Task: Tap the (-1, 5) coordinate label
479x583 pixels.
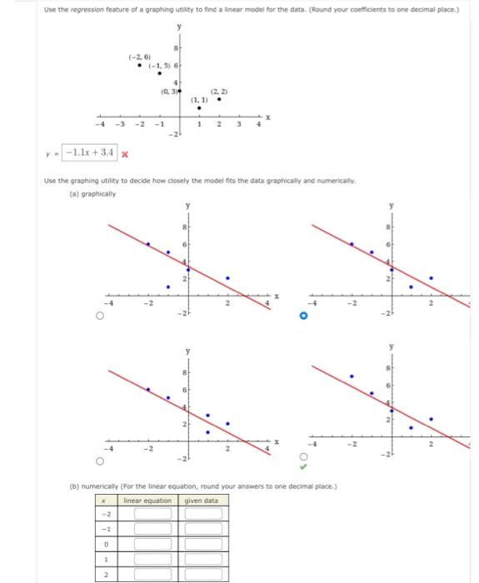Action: [159, 66]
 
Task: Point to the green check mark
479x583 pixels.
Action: [305, 466]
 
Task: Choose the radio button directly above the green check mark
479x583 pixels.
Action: [304, 456]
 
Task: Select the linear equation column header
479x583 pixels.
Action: [147, 500]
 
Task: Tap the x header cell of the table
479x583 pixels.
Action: [105, 500]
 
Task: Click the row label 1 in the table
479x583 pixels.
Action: [105, 559]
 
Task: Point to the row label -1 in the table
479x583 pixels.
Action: [105, 529]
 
